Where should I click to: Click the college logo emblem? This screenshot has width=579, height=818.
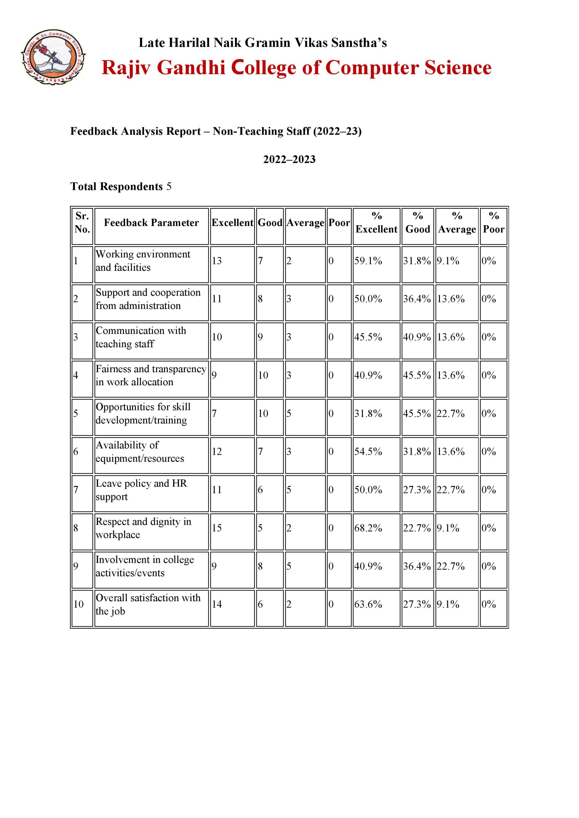click(53, 57)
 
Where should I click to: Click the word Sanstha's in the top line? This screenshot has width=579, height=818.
click(359, 43)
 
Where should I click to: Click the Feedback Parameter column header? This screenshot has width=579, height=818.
click(151, 223)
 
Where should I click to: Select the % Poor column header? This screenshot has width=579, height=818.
click(493, 223)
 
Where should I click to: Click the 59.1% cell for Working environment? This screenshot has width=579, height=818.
click(368, 261)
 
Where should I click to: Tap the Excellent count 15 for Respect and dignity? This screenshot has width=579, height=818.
click(217, 528)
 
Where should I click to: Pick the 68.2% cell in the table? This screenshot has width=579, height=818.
click(368, 528)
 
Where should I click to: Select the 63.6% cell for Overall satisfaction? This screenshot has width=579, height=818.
click(368, 604)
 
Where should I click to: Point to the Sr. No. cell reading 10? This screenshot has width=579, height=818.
click(78, 604)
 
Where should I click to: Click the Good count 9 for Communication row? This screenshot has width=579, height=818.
click(260, 337)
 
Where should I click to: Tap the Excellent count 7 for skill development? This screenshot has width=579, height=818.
click(214, 413)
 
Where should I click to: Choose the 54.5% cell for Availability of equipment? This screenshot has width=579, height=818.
click(368, 451)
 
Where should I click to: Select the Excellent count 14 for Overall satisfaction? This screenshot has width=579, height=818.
click(217, 604)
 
